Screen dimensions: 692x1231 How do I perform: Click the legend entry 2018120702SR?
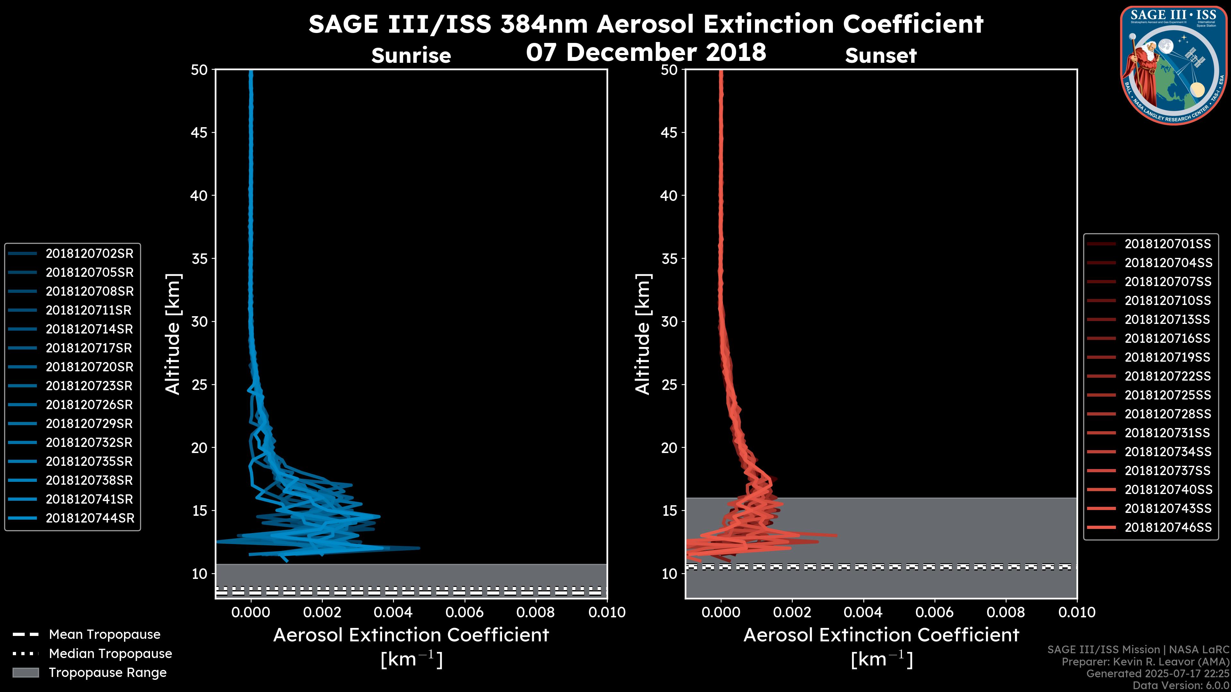tap(89, 254)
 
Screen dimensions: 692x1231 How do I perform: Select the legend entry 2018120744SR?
tap(90, 518)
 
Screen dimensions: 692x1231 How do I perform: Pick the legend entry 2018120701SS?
tap(1168, 244)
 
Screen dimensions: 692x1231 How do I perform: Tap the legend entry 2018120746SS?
tap(1168, 527)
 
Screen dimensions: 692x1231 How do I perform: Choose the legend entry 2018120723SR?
tap(89, 386)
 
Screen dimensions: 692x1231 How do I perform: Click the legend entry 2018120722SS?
tap(1168, 376)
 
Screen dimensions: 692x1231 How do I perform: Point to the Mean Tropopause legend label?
tap(105, 635)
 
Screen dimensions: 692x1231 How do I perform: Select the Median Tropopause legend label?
tap(110, 654)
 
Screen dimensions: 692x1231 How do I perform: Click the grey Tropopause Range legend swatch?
tap(26, 672)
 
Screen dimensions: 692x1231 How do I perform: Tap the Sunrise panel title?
tap(411, 56)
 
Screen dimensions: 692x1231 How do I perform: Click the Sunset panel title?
tap(881, 56)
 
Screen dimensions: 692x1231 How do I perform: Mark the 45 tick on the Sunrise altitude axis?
tap(199, 133)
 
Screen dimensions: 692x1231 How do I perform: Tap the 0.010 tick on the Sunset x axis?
tap(1077, 612)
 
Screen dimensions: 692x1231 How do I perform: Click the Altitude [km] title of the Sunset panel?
tap(643, 334)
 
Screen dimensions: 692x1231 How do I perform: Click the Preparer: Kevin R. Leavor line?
tap(1145, 662)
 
